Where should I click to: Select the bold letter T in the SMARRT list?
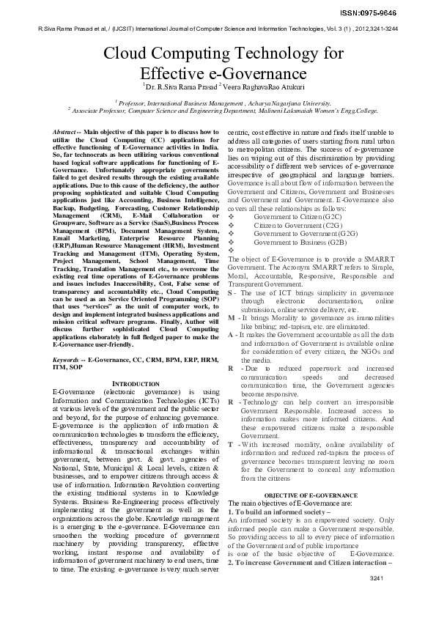click(x=232, y=444)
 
